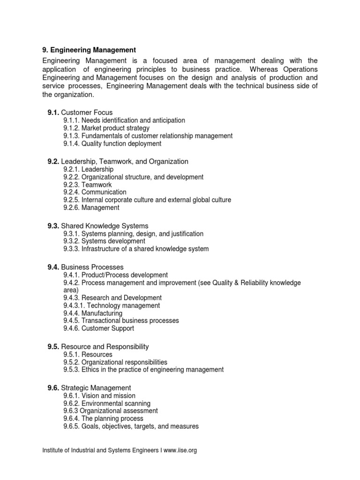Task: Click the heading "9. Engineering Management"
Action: pyautogui.click(x=89, y=49)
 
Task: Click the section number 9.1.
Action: pyautogui.click(x=52, y=112)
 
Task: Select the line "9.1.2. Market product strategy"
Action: pyautogui.click(x=106, y=128)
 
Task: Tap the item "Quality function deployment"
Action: pyautogui.click(x=121, y=143)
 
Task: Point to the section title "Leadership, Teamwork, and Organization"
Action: pyautogui.click(x=125, y=161)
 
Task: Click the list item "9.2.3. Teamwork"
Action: pyautogui.click(x=88, y=184)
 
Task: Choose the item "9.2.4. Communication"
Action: pyautogui.click(x=95, y=192)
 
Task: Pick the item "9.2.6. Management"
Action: pyautogui.click(x=91, y=207)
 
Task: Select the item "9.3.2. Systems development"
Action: pyautogui.click(x=104, y=241)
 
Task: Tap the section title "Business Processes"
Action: pyautogui.click(x=92, y=267)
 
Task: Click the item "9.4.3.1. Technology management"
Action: pyautogui.click(x=112, y=305)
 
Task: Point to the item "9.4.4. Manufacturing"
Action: pyautogui.click(x=92, y=313)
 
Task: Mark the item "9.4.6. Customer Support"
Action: pyautogui.click(x=98, y=328)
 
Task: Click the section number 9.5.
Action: pyautogui.click(x=52, y=346)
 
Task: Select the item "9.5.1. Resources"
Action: pyautogui.click(x=88, y=354)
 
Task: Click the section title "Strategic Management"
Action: pyautogui.click(x=96, y=388)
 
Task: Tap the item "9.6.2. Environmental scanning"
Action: pyautogui.click(x=107, y=403)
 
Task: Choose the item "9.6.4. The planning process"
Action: pyautogui.click(x=103, y=418)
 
